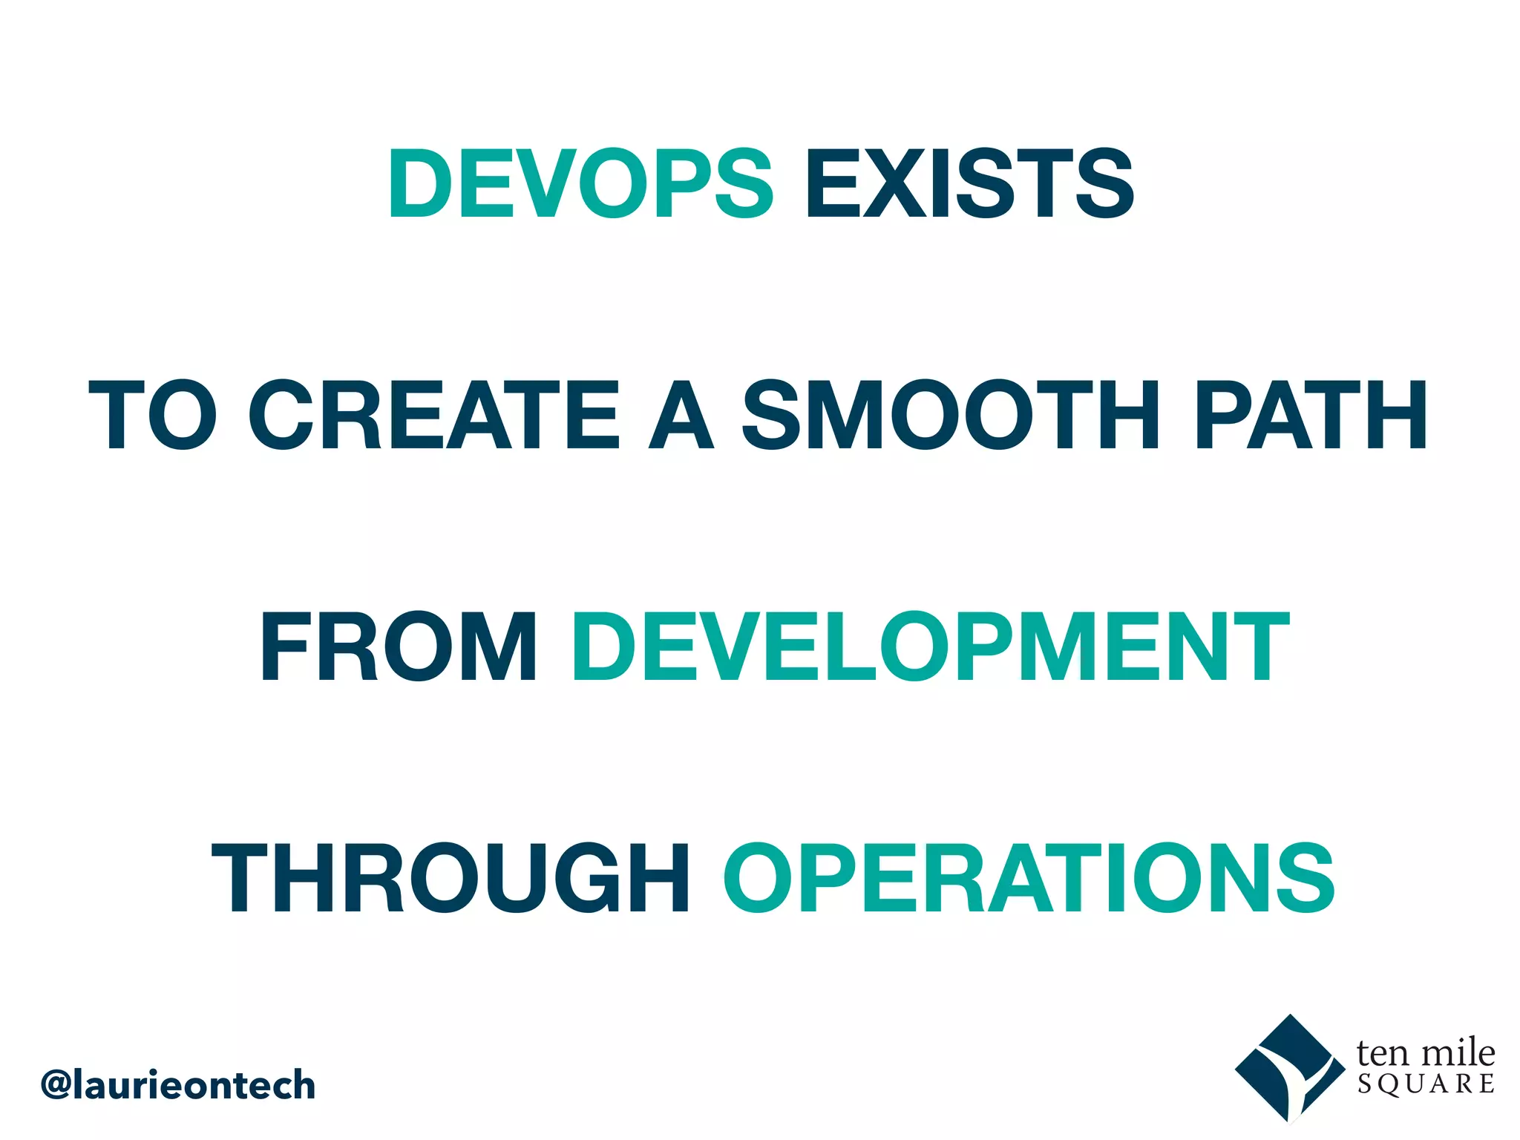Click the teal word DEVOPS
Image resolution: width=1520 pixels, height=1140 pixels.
[x=580, y=183]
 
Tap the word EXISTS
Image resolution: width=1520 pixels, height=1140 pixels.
[x=970, y=183]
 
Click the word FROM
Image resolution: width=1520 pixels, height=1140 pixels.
[x=399, y=646]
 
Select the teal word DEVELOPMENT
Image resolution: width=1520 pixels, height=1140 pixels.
[x=931, y=646]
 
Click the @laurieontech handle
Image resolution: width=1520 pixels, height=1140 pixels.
[x=178, y=1085]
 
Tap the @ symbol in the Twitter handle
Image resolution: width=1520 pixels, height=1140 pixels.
[x=56, y=1085]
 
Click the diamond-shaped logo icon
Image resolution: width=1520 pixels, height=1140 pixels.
[x=1290, y=1069]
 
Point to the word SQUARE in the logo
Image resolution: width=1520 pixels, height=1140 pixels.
[x=1426, y=1084]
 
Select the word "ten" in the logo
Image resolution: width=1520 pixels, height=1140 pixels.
[x=1382, y=1053]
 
